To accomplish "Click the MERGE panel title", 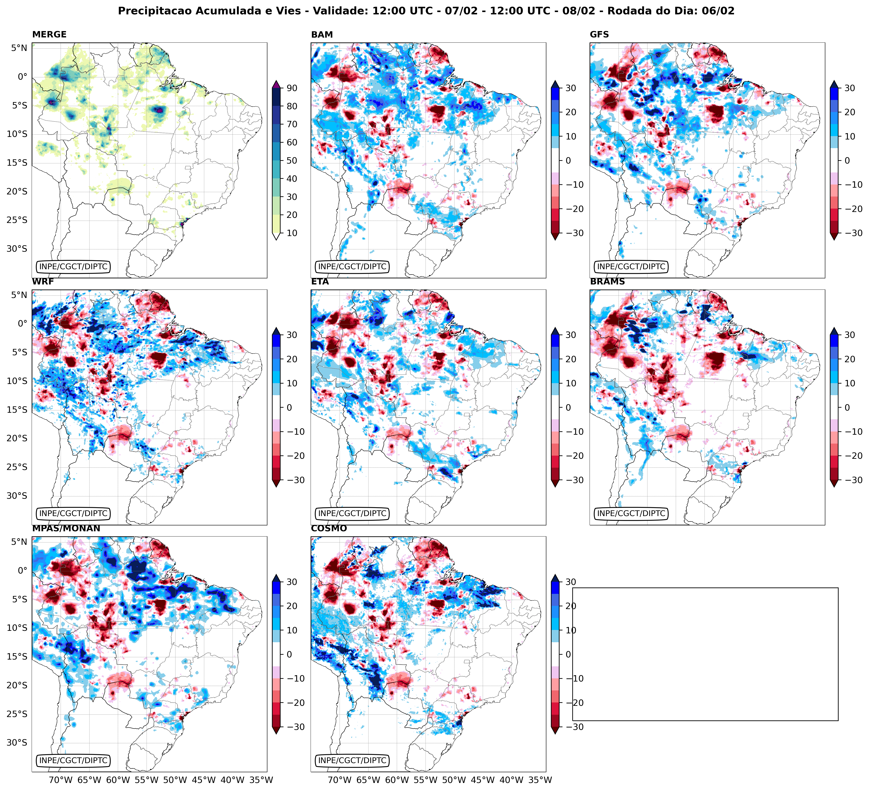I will [x=49, y=34].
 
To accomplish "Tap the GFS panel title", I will [x=599, y=34].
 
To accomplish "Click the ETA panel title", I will [x=320, y=282].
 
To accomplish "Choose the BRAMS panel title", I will [x=607, y=282].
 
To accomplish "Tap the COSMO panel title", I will [x=328, y=528].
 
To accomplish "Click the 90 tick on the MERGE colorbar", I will [x=291, y=88].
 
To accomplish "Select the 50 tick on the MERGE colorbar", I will [x=291, y=160].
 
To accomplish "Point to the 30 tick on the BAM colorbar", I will [x=570, y=88].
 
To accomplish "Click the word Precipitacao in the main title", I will [x=151, y=11].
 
